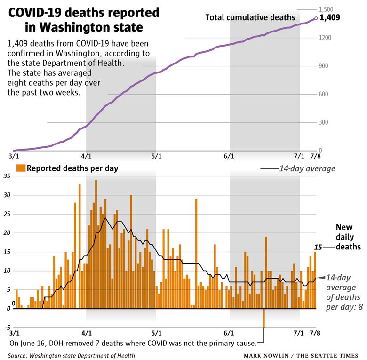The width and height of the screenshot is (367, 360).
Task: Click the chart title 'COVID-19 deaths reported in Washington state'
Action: pos(84,19)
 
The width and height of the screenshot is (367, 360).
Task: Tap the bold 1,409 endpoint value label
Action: pos(330,18)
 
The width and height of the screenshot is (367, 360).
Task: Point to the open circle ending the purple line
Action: pos(316,19)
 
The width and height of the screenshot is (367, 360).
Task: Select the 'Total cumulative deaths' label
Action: pos(250,17)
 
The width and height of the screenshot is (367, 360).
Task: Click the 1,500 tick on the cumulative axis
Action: pos(326,9)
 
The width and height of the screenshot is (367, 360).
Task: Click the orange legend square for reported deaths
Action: pos(20,168)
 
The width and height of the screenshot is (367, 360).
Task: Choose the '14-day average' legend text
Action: pos(307,168)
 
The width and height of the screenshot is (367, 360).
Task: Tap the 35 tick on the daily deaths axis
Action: pos(7,176)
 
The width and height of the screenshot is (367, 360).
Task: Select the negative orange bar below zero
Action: pos(264,318)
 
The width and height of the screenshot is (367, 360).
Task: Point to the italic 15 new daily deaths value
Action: pos(318,247)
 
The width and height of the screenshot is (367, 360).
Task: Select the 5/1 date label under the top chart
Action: pos(156,156)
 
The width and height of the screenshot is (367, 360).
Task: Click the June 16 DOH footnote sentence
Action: pos(133,343)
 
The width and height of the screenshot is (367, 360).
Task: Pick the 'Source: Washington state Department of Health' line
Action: pos(71,355)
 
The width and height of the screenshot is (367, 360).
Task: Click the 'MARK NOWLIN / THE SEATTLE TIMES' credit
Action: pos(304,355)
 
